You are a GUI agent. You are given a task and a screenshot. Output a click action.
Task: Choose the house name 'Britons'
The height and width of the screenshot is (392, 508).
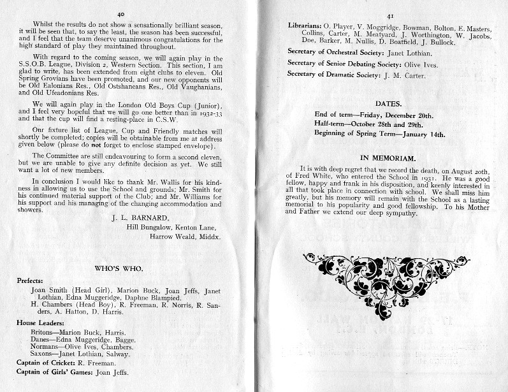point(43,333)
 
